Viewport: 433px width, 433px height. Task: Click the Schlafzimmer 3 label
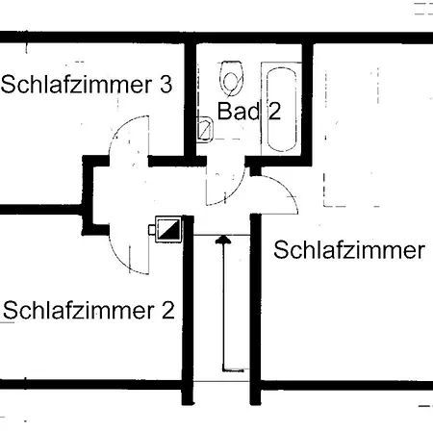coord(87,85)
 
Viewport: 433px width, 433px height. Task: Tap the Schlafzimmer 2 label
coord(89,311)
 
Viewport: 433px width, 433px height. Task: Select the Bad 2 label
coord(249,111)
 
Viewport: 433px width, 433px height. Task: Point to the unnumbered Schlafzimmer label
coord(349,250)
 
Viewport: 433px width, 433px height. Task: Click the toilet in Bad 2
coord(231,78)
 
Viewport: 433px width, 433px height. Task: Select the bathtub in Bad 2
coord(281,109)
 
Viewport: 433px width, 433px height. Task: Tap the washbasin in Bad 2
coord(205,130)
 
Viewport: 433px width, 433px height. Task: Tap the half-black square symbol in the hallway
coord(168,229)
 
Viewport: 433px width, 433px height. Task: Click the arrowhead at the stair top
coord(223,240)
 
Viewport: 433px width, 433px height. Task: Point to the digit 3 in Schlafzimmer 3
coord(166,85)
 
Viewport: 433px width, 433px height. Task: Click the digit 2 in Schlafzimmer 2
coord(168,311)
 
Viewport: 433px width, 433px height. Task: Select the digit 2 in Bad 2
coord(274,112)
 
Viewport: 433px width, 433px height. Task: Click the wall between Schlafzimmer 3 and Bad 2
coord(191,99)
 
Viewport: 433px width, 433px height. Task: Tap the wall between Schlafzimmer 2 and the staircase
coord(188,310)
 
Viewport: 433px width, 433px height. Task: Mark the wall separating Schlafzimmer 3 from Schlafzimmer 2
coord(41,210)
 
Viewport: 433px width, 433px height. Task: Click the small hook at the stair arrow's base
coord(234,370)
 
